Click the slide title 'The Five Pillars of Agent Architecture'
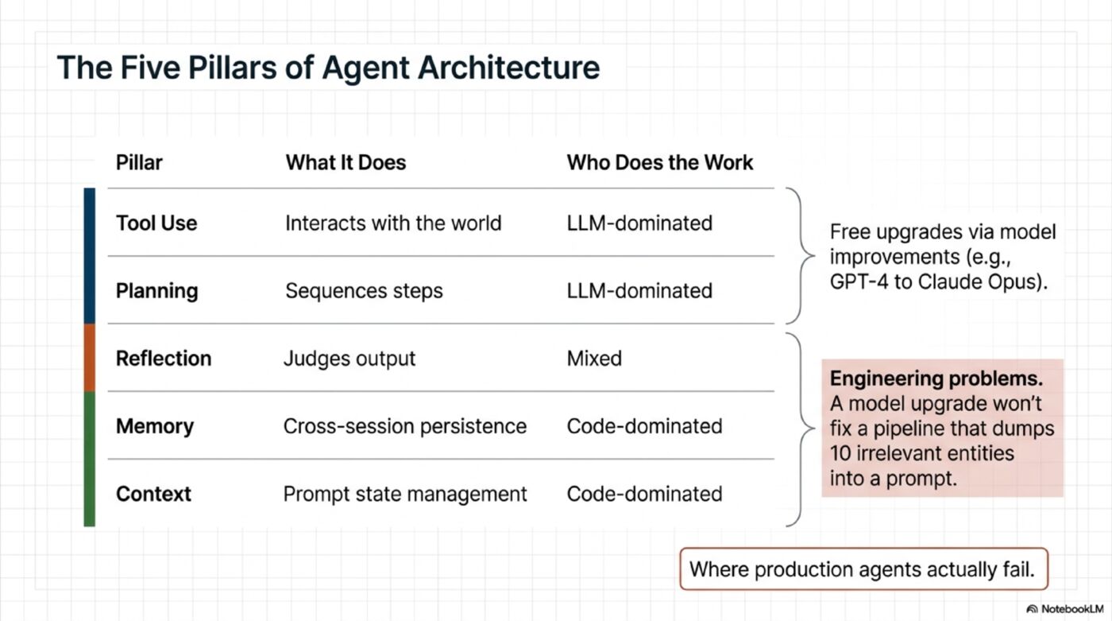(x=328, y=68)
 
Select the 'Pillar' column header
(x=139, y=163)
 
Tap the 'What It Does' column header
(x=346, y=163)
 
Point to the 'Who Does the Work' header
(x=659, y=163)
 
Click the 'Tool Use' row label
(x=156, y=223)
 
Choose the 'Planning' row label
(x=156, y=290)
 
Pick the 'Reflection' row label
(x=164, y=359)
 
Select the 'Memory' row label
(x=155, y=426)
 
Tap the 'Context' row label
(x=153, y=494)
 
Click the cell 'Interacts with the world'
(x=393, y=223)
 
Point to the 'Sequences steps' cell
(x=364, y=290)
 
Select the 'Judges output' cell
(x=349, y=359)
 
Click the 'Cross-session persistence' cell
(x=405, y=426)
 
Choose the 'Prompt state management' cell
(x=405, y=494)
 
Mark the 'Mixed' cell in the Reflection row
(x=594, y=359)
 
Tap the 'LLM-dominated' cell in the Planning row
(x=639, y=290)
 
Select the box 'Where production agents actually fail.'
(x=863, y=569)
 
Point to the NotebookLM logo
(x=1065, y=608)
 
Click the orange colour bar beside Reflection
(x=89, y=358)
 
